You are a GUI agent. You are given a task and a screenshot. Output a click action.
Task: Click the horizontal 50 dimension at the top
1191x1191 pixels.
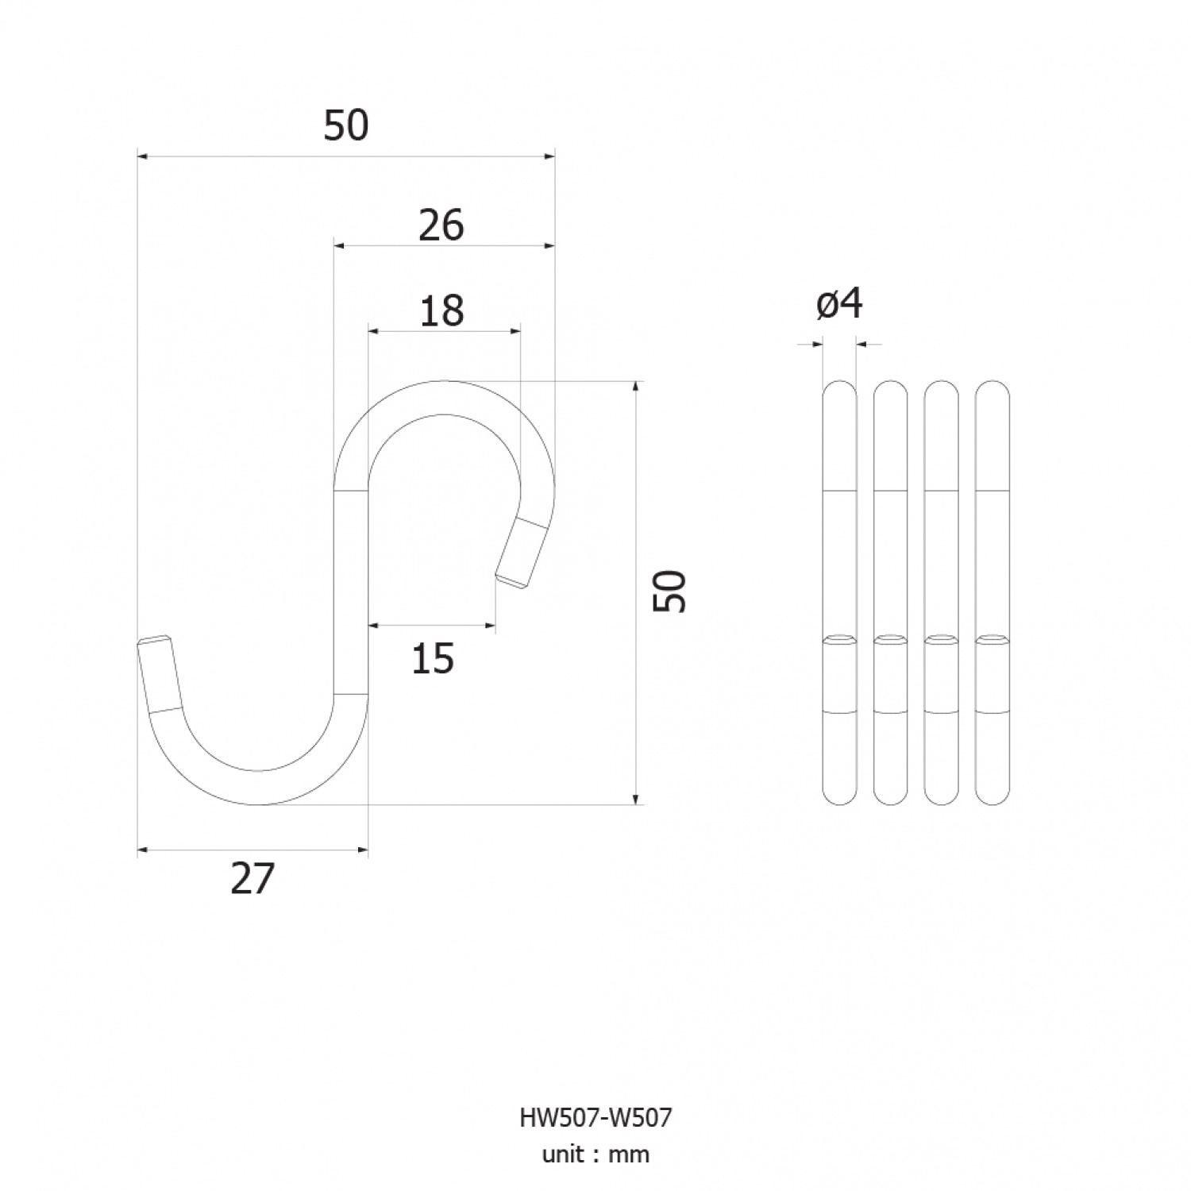click(x=346, y=126)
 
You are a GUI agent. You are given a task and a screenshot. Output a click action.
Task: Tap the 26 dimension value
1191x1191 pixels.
click(x=441, y=226)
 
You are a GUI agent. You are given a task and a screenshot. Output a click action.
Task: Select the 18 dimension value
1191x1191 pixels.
click(x=441, y=311)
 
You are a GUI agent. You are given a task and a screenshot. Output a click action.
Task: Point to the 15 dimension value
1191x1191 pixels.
click(x=433, y=659)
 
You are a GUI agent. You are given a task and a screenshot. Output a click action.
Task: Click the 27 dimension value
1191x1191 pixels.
click(x=252, y=879)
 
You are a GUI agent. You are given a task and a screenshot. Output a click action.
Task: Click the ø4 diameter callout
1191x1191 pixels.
click(x=840, y=304)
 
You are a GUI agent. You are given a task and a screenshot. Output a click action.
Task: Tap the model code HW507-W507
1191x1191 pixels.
click(x=595, y=1118)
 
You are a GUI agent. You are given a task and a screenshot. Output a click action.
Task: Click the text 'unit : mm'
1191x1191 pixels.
click(x=595, y=1154)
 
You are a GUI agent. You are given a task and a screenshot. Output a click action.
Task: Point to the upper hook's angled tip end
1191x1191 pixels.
click(x=510, y=583)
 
